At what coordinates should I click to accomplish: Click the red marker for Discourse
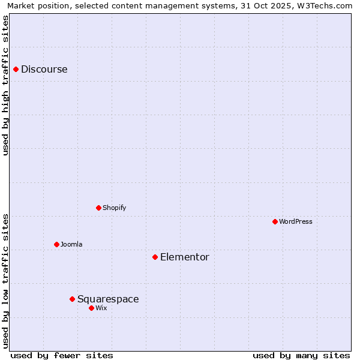tap(16, 70)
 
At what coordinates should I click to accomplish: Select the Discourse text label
tap(44, 70)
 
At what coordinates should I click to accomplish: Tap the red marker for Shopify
tap(98, 208)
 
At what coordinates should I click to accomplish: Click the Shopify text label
tap(114, 208)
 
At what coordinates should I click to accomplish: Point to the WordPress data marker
tap(275, 222)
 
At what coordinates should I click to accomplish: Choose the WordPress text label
tap(295, 222)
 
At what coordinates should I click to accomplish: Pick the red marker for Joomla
tap(56, 245)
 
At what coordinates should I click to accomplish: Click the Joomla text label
tap(71, 245)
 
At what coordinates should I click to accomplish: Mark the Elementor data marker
tap(155, 257)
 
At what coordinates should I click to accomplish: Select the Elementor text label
tap(184, 257)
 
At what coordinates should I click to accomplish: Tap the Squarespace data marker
tap(72, 299)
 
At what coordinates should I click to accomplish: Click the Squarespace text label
tap(108, 299)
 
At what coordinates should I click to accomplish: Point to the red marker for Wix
tap(91, 308)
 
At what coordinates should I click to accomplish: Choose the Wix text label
tap(101, 308)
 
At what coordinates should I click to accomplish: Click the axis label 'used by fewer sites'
tap(62, 355)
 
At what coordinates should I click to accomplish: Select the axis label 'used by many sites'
tap(301, 355)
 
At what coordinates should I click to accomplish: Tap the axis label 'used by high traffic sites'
tap(6, 85)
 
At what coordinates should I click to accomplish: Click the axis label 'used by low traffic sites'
tap(6, 281)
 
